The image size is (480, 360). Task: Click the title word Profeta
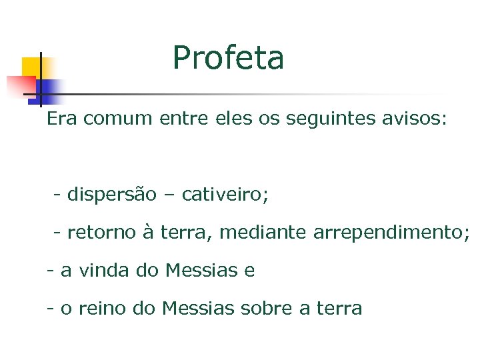(x=228, y=58)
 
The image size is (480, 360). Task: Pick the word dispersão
(x=111, y=195)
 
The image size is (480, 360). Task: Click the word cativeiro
(x=224, y=195)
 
